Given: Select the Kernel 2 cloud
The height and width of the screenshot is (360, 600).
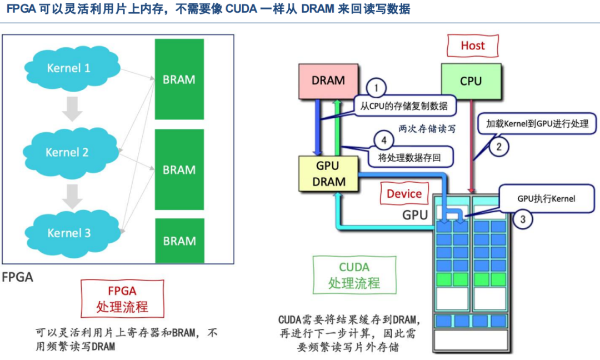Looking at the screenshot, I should point(67,152).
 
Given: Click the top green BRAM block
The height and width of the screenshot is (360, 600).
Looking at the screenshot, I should point(179,79).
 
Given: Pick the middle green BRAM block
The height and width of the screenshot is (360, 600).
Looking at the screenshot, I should point(179,169).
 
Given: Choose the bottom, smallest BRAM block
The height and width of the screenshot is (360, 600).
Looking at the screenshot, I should point(179,241).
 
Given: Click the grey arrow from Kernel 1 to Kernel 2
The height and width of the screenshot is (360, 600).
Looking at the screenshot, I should point(72,109).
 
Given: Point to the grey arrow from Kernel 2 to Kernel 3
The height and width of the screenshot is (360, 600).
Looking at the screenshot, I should point(72,194).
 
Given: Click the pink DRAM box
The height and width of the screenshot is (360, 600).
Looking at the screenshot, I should point(328,81).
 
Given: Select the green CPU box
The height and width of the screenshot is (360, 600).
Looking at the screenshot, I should point(471,81).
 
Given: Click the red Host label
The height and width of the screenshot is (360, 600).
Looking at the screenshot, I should point(472,46).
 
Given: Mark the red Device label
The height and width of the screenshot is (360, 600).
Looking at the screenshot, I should point(404,194).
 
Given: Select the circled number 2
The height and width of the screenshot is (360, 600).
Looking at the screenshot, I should point(498,147).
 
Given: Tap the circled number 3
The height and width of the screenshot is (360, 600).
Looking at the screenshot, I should point(522,218).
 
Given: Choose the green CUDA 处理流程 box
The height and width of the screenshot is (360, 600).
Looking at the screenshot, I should point(354,274).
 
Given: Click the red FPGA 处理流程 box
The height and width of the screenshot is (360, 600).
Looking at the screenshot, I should point(122,298).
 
